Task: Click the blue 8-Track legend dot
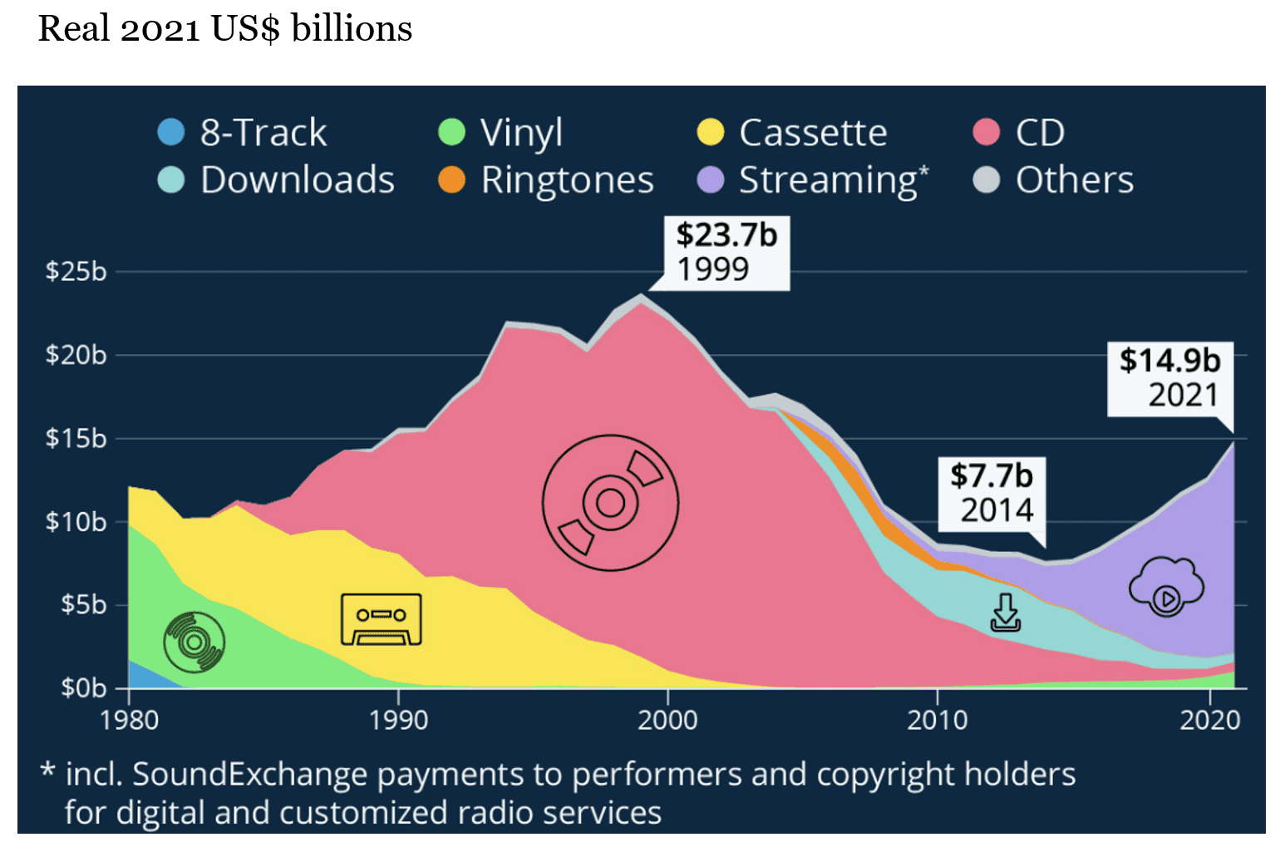170,132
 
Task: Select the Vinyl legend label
521,133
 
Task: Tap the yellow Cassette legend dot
710,132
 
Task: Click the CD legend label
1040,133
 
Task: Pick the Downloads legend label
298,180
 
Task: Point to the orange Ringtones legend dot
451,180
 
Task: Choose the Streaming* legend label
833,180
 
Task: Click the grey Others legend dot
986,180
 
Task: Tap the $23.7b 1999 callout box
726,253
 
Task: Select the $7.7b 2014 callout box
992,493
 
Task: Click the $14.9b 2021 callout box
1169,378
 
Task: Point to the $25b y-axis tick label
76,272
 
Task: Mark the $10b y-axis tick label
76,522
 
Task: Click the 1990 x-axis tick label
398,720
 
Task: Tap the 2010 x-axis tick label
937,720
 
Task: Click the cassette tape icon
381,619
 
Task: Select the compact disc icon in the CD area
610,502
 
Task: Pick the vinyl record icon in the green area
194,642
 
